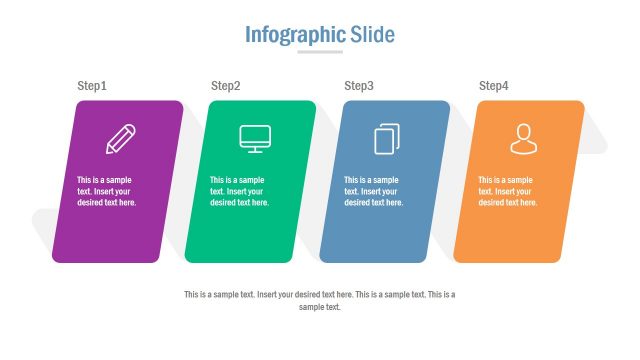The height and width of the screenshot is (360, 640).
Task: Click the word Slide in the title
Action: click(x=372, y=35)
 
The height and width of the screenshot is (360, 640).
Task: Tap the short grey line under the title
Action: click(x=320, y=52)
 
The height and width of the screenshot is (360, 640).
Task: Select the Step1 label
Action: click(x=92, y=86)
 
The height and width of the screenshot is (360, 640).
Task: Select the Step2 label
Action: click(x=226, y=86)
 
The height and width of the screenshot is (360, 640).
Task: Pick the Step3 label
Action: click(x=359, y=86)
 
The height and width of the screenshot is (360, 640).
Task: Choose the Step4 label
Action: click(x=494, y=86)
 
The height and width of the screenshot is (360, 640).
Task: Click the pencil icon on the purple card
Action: click(x=121, y=138)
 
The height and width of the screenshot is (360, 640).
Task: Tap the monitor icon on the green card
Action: click(x=254, y=138)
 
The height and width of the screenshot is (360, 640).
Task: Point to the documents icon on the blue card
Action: click(x=387, y=138)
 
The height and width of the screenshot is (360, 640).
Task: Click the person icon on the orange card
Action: click(x=522, y=138)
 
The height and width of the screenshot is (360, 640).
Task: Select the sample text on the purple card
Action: click(x=107, y=191)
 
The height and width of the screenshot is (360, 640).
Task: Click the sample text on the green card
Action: click(x=240, y=191)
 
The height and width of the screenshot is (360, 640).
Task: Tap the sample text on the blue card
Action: click(x=374, y=191)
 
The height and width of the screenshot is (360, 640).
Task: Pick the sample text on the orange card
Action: click(x=508, y=191)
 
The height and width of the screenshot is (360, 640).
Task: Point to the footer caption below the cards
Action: click(x=320, y=301)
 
